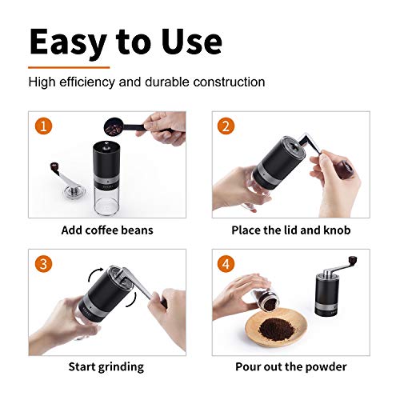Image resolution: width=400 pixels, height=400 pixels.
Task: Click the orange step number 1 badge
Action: [41, 126]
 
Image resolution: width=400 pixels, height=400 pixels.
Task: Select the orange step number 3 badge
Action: [41, 262]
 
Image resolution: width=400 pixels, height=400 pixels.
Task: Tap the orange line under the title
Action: [69, 67]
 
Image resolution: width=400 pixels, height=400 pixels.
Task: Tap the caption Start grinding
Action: [106, 366]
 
